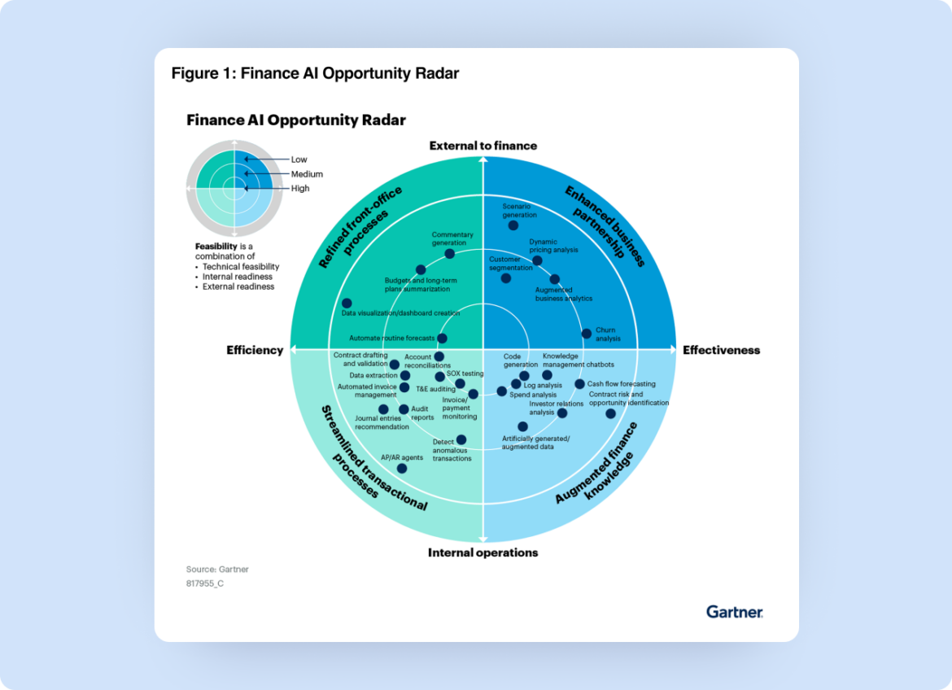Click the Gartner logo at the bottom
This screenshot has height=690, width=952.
click(x=734, y=612)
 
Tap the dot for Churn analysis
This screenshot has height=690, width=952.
click(x=587, y=333)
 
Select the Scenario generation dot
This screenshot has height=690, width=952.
click(x=511, y=225)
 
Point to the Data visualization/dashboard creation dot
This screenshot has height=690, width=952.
click(x=347, y=303)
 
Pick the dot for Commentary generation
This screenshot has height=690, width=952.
click(x=450, y=254)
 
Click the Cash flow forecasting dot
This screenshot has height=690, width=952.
click(x=579, y=384)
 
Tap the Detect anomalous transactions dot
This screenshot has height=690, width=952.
click(x=461, y=439)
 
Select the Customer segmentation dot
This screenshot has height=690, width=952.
click(x=506, y=278)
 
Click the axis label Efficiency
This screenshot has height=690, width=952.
click(x=255, y=351)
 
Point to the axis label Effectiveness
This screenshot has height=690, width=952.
click(x=721, y=351)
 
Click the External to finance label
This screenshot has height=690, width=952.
click(x=483, y=146)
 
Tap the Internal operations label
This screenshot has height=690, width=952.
click(x=483, y=552)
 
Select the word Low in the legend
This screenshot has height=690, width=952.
click(x=299, y=159)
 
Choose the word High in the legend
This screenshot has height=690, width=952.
click(x=300, y=189)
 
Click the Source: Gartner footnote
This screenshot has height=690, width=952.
click(x=217, y=570)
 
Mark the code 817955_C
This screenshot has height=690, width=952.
click(x=204, y=583)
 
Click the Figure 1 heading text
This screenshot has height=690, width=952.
click(x=315, y=74)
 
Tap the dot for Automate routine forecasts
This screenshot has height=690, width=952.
click(x=442, y=338)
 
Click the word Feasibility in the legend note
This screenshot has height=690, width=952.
click(x=216, y=246)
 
